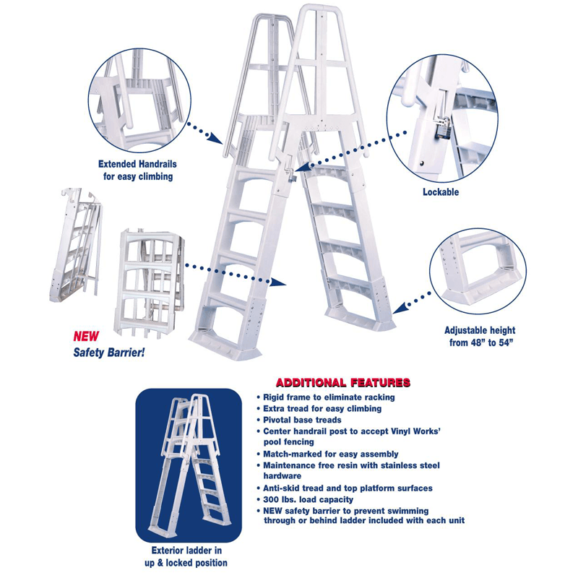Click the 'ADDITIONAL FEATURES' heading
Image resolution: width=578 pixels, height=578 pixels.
(343, 381)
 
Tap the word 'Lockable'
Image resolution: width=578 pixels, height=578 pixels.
(440, 193)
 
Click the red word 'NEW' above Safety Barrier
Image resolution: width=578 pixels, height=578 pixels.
(86, 337)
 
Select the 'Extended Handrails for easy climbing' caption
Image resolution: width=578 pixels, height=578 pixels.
(136, 171)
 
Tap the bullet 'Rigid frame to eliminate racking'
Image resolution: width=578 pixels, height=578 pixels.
(329, 397)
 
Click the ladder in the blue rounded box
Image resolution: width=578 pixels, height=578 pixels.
(189, 462)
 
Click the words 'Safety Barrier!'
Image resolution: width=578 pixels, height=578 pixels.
(109, 353)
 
